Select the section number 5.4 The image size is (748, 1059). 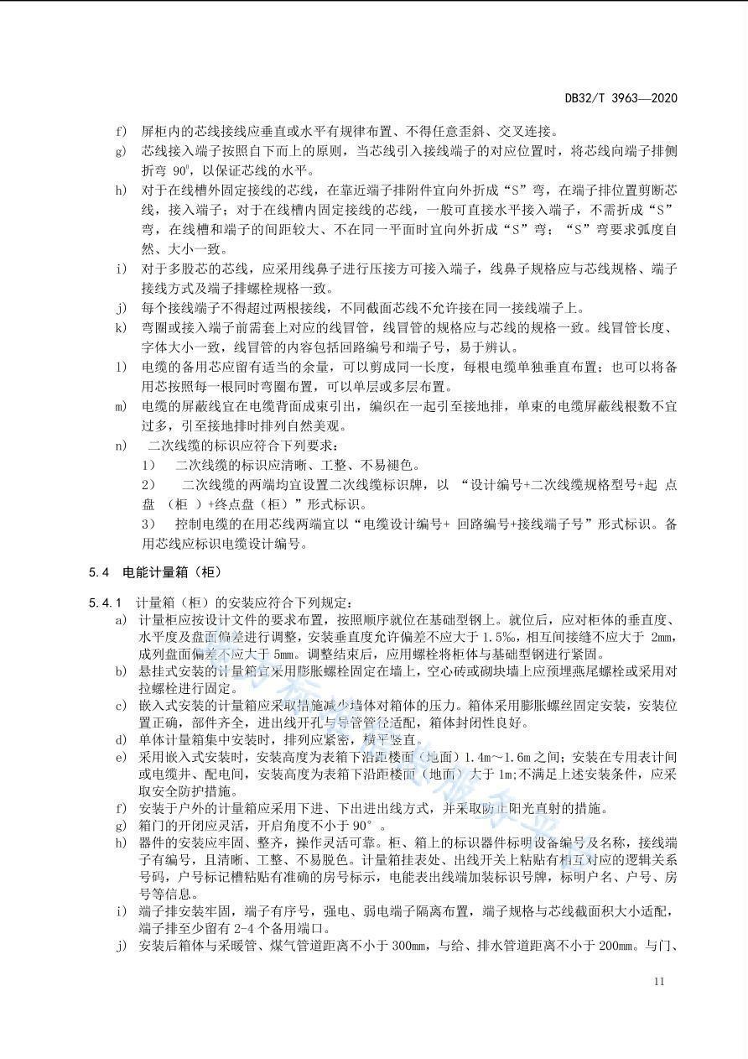click(x=99, y=572)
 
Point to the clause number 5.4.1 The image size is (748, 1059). click(x=105, y=603)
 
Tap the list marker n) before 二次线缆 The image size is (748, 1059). click(x=122, y=446)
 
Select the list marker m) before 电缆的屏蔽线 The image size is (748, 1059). click(x=122, y=407)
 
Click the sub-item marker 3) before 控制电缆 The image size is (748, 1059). click(x=149, y=524)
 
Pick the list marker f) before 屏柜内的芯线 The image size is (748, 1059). click(x=122, y=131)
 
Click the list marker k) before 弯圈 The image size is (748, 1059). click(x=122, y=327)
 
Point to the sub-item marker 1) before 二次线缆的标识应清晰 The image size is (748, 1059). click(x=149, y=465)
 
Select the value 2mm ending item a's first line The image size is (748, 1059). click(x=662, y=638)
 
